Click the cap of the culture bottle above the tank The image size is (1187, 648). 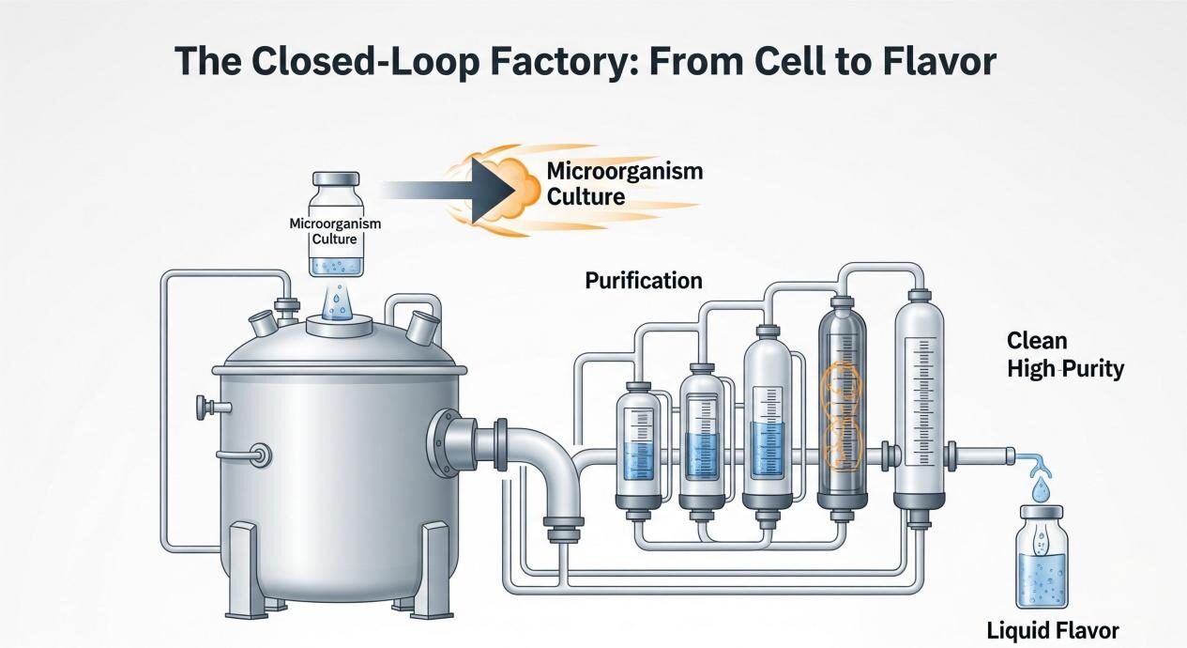point(335,178)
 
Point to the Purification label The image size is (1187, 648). point(643,280)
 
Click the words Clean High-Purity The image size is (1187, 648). point(1064,354)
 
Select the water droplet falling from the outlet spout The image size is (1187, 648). point(1041,488)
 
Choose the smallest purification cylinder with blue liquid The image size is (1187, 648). point(637,440)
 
